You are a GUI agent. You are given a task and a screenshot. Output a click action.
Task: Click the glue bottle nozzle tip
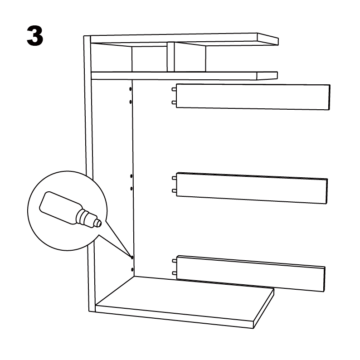[99, 223]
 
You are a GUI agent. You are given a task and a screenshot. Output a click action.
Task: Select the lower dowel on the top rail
[174, 102]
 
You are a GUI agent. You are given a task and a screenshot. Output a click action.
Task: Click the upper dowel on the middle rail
[174, 178]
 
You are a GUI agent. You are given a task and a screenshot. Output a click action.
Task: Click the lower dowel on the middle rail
[174, 191]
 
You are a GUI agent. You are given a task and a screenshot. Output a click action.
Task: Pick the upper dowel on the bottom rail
[175, 261]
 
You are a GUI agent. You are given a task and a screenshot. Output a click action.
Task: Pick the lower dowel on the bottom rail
[175, 273]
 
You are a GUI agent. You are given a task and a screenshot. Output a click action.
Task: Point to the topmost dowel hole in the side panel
[131, 89]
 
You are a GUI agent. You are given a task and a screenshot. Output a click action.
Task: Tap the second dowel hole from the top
[131, 102]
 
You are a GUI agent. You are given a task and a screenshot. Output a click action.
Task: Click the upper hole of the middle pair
[131, 176]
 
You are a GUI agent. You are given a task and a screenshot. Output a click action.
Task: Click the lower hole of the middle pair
[131, 189]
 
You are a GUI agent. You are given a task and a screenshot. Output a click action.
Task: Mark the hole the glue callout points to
[132, 258]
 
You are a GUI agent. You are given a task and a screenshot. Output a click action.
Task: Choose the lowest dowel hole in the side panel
[132, 269]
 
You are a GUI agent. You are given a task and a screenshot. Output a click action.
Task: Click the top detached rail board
[253, 97]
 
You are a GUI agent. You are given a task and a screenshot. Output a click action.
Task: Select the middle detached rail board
[252, 188]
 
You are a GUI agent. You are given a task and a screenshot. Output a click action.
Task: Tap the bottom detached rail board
[251, 274]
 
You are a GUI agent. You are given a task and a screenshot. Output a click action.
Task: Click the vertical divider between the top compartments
[170, 57]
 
